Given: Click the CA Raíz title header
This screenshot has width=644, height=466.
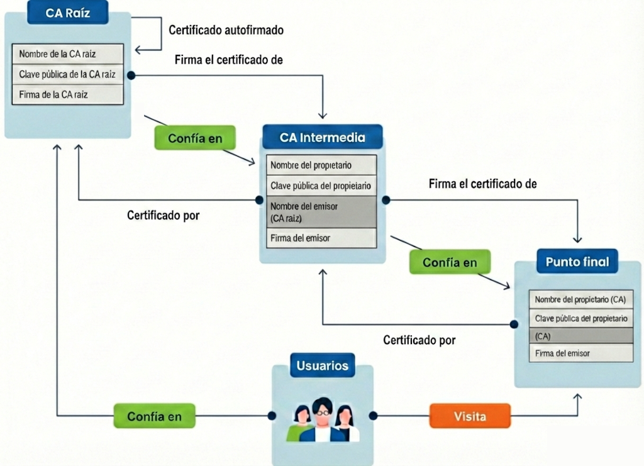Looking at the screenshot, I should (x=68, y=13).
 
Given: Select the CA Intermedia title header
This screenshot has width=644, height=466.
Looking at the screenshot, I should (x=322, y=137).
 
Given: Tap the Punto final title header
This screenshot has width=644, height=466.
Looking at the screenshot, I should (x=577, y=261).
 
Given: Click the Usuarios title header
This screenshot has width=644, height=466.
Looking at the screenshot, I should (x=322, y=365).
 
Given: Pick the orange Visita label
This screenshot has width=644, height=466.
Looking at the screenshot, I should (x=470, y=416).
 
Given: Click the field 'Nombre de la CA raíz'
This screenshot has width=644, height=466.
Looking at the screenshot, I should (x=68, y=53).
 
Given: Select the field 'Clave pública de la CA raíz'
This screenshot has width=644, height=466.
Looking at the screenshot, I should (x=68, y=74).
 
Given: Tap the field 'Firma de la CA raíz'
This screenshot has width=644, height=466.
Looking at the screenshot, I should (x=68, y=94).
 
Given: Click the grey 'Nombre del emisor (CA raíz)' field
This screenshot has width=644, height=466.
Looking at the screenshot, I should (x=321, y=212).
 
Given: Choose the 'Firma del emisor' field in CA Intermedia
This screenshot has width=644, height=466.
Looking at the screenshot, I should (x=321, y=238).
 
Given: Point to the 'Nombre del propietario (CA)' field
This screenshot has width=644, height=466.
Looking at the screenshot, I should (x=580, y=299).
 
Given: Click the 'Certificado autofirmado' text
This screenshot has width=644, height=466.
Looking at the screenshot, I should (x=226, y=30).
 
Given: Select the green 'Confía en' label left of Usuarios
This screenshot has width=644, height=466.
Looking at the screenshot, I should (x=154, y=416).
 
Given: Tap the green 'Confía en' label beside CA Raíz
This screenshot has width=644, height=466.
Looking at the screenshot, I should (x=195, y=138).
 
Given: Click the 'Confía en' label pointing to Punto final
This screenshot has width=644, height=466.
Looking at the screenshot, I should (x=450, y=262).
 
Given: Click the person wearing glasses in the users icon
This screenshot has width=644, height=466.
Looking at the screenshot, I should (x=322, y=418).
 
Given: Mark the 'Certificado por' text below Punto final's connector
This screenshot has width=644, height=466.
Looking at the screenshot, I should (x=419, y=340).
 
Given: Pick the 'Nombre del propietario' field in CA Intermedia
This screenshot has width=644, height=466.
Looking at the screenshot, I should (x=321, y=165).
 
